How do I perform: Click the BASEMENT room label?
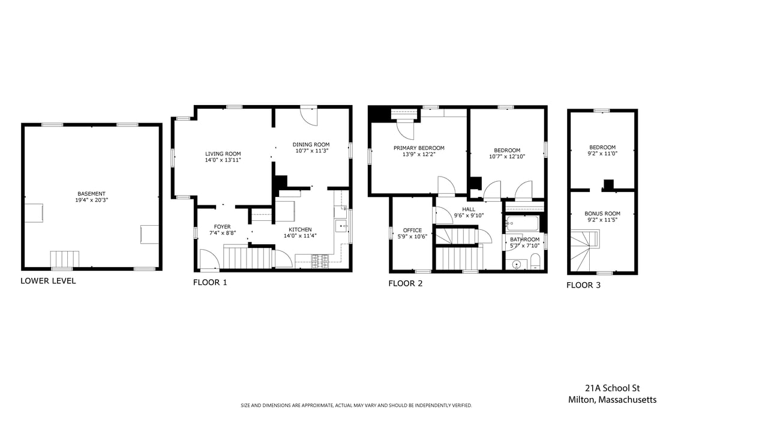91,194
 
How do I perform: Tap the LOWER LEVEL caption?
48,281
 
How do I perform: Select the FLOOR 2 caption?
405,283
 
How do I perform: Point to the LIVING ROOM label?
223,154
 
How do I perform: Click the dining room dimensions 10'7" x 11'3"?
311,151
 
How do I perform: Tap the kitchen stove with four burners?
320,261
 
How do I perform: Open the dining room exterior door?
309,116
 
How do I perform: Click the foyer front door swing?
209,259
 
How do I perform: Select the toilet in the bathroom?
535,261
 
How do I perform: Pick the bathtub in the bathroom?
523,224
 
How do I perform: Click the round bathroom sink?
515,264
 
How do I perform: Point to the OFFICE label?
412,230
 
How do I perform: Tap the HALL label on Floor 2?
469,209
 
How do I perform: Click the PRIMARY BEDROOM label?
419,148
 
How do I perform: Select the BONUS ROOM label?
602,214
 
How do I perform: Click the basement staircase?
64,259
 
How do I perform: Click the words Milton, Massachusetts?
612,400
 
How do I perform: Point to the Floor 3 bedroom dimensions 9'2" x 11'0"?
602,154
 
